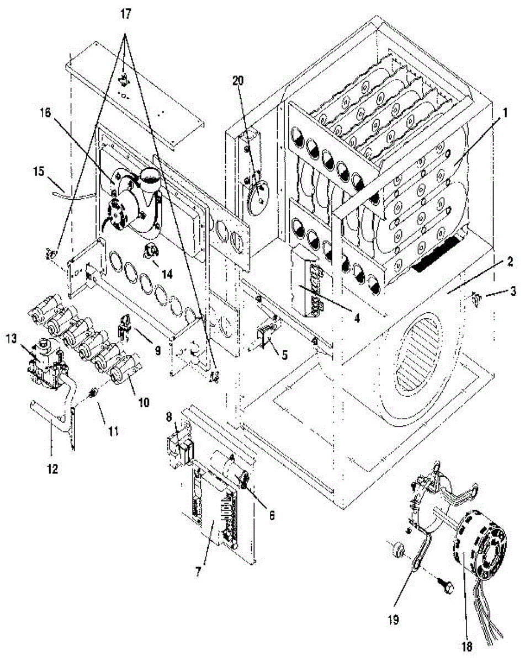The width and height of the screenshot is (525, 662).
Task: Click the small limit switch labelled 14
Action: pyautogui.click(x=151, y=251)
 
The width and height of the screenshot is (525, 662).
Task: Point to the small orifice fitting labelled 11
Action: pyautogui.click(x=93, y=393)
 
